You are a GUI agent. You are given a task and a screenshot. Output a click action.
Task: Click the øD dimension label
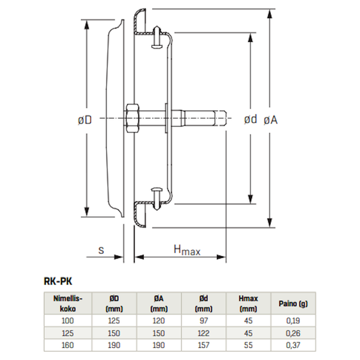click(85, 120)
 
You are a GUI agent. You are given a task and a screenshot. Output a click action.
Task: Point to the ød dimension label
click(251, 119)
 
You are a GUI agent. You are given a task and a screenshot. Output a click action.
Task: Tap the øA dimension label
click(271, 120)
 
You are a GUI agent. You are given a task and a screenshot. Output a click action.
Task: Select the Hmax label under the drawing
click(187, 250)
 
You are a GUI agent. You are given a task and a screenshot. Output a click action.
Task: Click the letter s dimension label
click(101, 251)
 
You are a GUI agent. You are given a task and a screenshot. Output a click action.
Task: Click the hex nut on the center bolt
click(132, 118)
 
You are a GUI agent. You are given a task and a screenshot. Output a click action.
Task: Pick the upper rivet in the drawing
click(157, 37)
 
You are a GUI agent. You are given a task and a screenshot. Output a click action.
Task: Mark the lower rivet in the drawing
click(157, 199)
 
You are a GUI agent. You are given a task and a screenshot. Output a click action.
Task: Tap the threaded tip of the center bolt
click(220, 118)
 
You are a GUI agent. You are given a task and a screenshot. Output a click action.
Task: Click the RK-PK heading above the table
click(58, 282)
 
